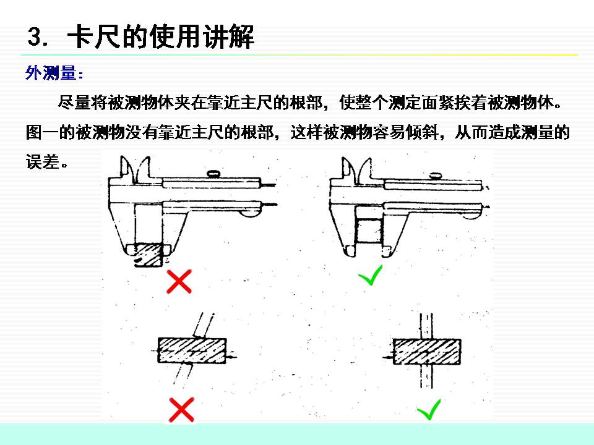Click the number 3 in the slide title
[34, 38]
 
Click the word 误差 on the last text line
[42, 163]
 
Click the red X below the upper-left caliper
[179, 282]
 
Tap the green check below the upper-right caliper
[371, 276]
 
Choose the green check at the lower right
[428, 409]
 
